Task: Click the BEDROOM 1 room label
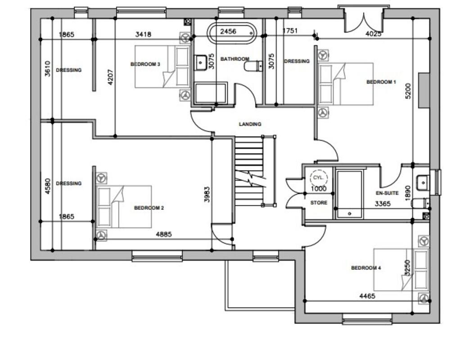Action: coord(381,82)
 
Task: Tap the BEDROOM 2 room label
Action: coord(149,208)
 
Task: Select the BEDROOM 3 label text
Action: coord(145,64)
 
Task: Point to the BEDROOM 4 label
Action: coord(366,268)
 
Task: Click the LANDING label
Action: coord(250,124)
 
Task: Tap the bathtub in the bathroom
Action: coord(231,32)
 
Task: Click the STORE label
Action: coord(319,203)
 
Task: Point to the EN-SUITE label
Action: coord(387,193)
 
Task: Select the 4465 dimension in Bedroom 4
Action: coord(367,296)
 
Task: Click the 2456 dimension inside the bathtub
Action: coord(228,32)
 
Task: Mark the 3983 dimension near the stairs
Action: coord(207,194)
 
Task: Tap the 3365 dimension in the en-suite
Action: coord(383,204)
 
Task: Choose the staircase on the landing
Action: coord(249,171)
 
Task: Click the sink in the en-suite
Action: coord(423,182)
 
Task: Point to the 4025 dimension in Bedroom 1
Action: coord(373,34)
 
